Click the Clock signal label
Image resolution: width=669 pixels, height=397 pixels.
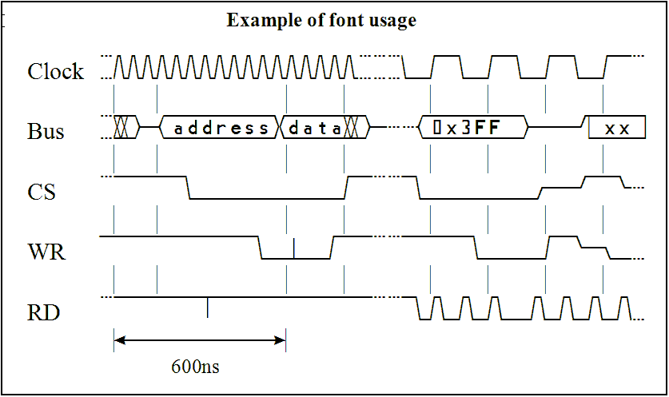pyautogui.click(x=55, y=72)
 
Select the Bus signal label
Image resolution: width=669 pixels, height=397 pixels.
pyautogui.click(x=46, y=131)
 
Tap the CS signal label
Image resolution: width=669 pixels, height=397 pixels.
pyautogui.click(x=42, y=193)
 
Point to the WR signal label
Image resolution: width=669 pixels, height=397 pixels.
pyautogui.click(x=46, y=253)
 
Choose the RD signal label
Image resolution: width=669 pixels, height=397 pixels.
pyautogui.click(x=43, y=313)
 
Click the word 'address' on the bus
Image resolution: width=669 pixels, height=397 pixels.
pyautogui.click(x=221, y=128)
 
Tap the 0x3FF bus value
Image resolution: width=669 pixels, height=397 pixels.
pyautogui.click(x=472, y=127)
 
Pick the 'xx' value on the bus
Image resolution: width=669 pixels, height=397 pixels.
pyautogui.click(x=617, y=128)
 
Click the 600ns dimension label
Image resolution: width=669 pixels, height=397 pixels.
pyautogui.click(x=195, y=367)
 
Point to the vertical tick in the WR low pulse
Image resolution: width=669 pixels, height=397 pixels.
pyautogui.click(x=294, y=248)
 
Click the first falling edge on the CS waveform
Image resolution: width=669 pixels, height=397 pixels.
pyautogui.click(x=187, y=188)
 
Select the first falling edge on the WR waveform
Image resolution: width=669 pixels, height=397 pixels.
pyautogui.click(x=261, y=248)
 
